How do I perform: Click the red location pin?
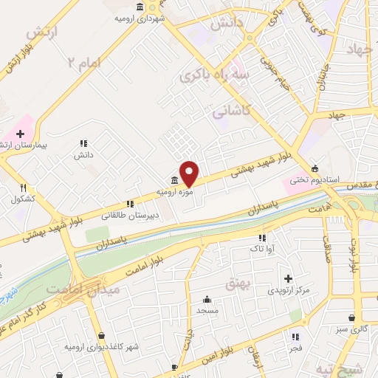click(190, 173)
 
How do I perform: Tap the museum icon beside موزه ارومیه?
click(173, 182)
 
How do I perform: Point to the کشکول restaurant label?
click(24, 199)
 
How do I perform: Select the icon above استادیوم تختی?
click(316, 168)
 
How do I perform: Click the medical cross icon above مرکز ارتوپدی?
click(289, 278)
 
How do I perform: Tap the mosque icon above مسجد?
click(207, 300)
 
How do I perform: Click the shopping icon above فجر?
click(295, 336)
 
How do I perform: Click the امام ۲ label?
click(83, 63)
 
